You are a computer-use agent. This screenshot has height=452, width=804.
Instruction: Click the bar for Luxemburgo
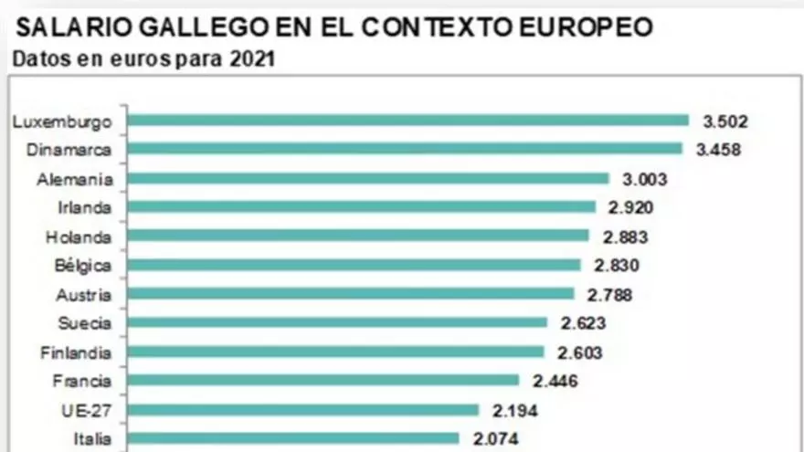click(407, 120)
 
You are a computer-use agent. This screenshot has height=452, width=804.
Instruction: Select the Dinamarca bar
click(405, 149)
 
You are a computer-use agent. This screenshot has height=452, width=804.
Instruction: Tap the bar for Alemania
click(368, 178)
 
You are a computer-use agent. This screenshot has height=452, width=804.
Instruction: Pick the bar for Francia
click(323, 380)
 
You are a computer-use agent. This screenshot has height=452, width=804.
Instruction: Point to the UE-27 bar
click(303, 410)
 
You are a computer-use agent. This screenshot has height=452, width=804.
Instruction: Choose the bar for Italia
click(293, 438)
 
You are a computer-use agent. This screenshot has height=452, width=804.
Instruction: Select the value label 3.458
click(718, 150)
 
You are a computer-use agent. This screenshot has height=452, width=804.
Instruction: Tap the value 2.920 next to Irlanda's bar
click(630, 207)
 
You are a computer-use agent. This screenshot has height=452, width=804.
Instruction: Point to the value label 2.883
click(625, 237)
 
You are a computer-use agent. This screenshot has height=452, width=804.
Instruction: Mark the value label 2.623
click(583, 323)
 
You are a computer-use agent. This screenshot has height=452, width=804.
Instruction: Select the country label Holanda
click(79, 237)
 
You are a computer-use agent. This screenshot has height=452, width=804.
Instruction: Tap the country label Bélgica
click(82, 266)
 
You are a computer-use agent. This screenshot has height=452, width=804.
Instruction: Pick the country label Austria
click(84, 295)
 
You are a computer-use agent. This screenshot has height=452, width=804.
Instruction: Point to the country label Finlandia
click(77, 352)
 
